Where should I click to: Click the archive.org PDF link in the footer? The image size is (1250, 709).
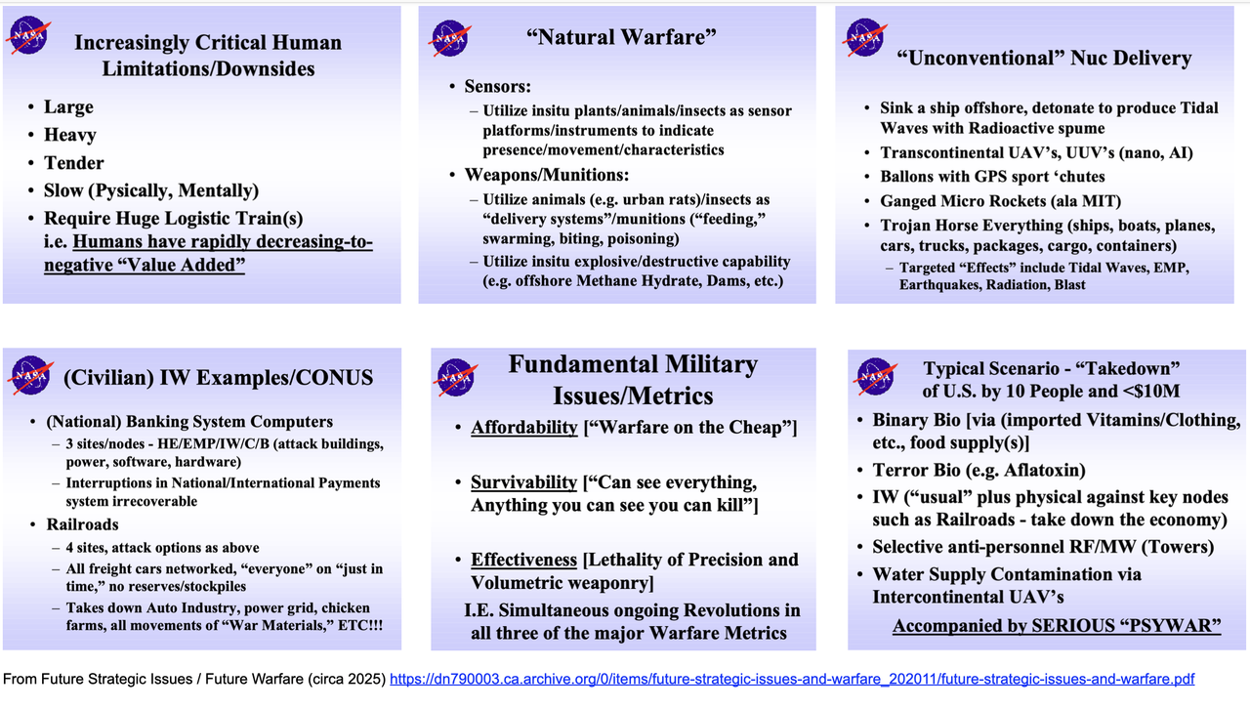point(792,680)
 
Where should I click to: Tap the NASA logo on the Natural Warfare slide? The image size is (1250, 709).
point(450,38)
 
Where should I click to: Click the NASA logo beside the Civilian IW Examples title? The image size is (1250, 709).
point(30,375)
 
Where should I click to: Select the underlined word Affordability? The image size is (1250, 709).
point(524,427)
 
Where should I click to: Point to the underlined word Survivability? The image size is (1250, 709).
point(523,481)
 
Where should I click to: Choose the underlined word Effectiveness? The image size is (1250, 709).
point(523,560)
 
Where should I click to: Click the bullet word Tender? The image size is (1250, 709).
point(73,163)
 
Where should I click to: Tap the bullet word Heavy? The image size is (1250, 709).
point(69,135)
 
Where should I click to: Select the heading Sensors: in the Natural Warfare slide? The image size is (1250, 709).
point(498,87)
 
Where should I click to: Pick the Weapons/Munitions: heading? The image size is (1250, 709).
point(547,175)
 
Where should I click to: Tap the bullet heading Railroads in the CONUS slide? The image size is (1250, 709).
point(83,524)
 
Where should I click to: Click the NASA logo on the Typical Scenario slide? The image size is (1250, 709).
point(875,376)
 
